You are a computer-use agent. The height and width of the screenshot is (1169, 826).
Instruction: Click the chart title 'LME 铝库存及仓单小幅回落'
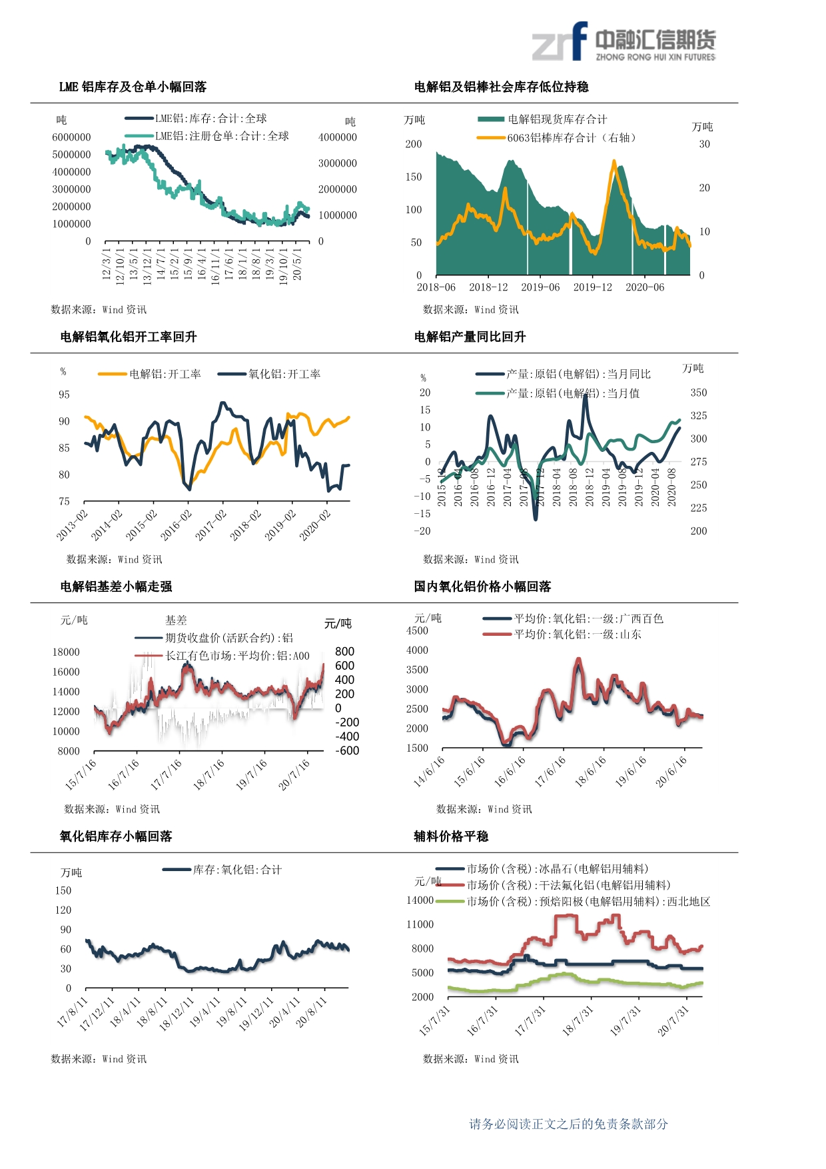pos(133,87)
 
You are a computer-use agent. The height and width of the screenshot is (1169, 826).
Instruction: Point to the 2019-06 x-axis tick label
pos(540,287)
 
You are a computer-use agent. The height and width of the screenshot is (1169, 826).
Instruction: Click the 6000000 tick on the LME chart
pos(71,137)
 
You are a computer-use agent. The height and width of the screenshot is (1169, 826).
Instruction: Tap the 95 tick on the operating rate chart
pos(64,395)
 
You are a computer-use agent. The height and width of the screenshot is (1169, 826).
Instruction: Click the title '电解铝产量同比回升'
pos(470,337)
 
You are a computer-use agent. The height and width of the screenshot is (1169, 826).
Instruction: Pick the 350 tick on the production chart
pos(699,393)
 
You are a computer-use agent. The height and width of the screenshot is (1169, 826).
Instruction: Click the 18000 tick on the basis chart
pos(66,652)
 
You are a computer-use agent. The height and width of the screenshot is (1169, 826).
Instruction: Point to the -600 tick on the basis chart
pos(347,750)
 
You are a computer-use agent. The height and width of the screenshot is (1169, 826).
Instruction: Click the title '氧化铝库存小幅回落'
pos(116,836)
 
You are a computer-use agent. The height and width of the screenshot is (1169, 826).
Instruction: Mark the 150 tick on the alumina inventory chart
pos(63,890)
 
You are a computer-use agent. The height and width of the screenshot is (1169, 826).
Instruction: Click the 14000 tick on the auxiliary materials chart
pos(420,900)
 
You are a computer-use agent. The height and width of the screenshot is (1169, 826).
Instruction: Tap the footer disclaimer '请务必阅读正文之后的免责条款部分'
pos(568,1124)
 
